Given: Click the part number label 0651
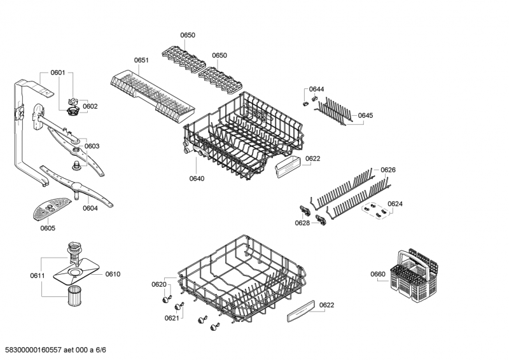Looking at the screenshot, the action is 141,60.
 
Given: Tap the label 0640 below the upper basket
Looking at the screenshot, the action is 197,179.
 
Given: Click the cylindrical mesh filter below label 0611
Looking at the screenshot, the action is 74,295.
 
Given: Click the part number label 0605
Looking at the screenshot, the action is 48,228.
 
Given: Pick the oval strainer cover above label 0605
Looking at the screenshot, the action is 52,208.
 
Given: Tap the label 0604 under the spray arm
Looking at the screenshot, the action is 90,209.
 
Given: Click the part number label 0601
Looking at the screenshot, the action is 58,73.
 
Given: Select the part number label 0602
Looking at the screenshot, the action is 90,106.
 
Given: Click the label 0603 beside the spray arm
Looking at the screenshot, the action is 92,146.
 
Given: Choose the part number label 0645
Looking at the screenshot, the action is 365,116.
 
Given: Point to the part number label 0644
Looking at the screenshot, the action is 316,89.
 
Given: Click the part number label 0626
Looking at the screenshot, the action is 388,170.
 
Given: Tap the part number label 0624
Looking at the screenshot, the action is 395,204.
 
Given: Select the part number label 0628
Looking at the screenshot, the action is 302,223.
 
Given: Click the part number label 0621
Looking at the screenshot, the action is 172,318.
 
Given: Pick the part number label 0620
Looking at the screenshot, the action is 159,285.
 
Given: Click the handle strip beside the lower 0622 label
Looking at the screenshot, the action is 301,311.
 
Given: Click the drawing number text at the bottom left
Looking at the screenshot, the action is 53,350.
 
